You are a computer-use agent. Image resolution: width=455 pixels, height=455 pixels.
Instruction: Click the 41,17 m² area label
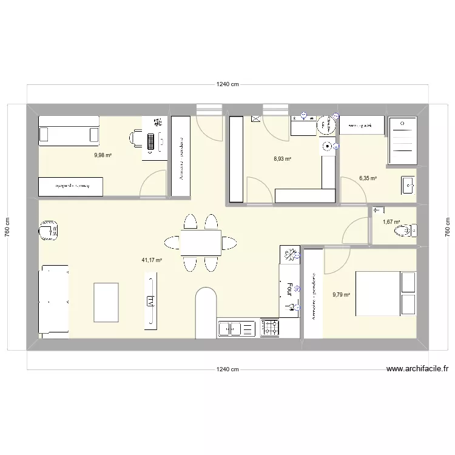pos(152,260)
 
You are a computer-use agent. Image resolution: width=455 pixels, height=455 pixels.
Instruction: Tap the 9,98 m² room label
pos(103,155)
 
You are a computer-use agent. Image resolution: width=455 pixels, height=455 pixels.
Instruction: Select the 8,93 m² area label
pos(282,159)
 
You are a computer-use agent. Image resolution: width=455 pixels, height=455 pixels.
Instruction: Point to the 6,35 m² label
pos(368,178)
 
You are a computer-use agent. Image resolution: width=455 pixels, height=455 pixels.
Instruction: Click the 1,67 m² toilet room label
pos(391,222)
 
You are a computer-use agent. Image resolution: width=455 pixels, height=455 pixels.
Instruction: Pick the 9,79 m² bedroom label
pos(342,295)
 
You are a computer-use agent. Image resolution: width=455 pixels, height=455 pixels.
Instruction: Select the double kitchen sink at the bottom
pos(237,328)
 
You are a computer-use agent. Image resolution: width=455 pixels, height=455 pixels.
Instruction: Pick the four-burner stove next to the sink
pos(270,328)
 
